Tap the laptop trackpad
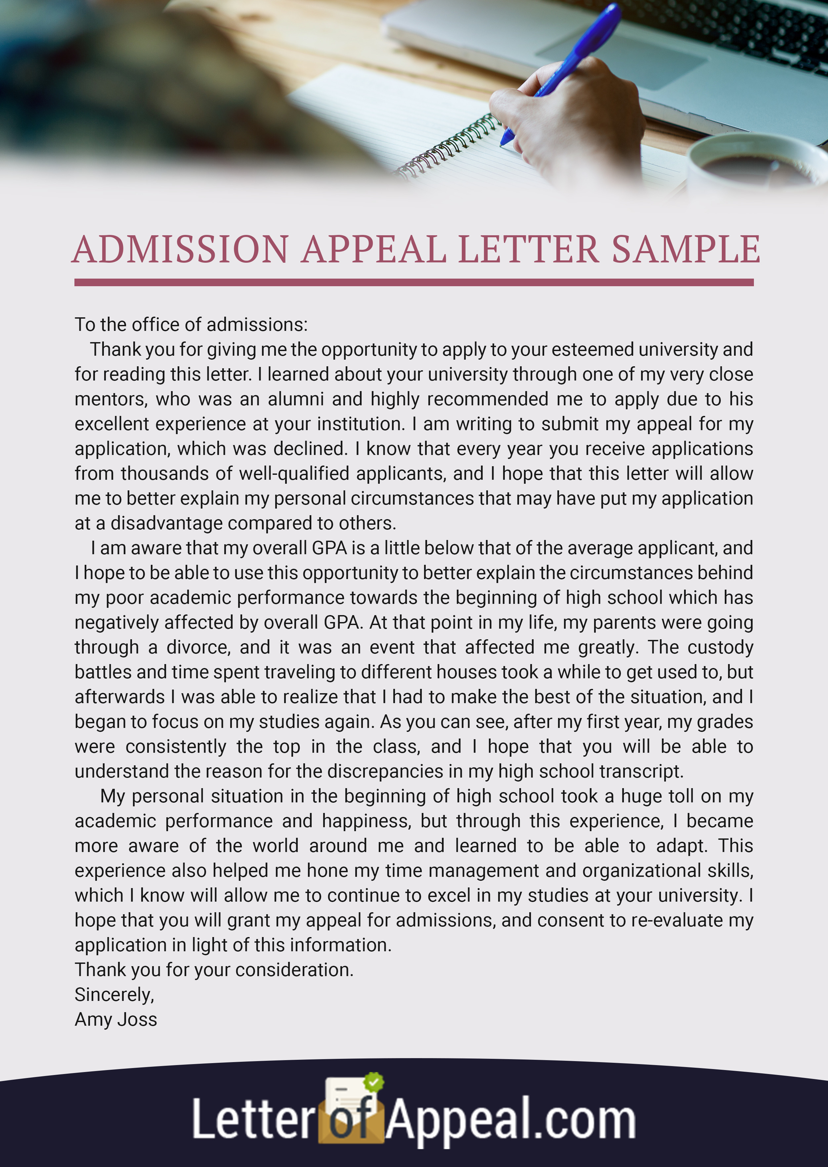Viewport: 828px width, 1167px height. click(x=622, y=56)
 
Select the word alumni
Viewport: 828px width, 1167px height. click(x=296, y=399)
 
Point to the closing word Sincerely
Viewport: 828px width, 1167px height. click(x=114, y=995)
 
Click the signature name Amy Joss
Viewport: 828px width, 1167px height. click(x=116, y=1020)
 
